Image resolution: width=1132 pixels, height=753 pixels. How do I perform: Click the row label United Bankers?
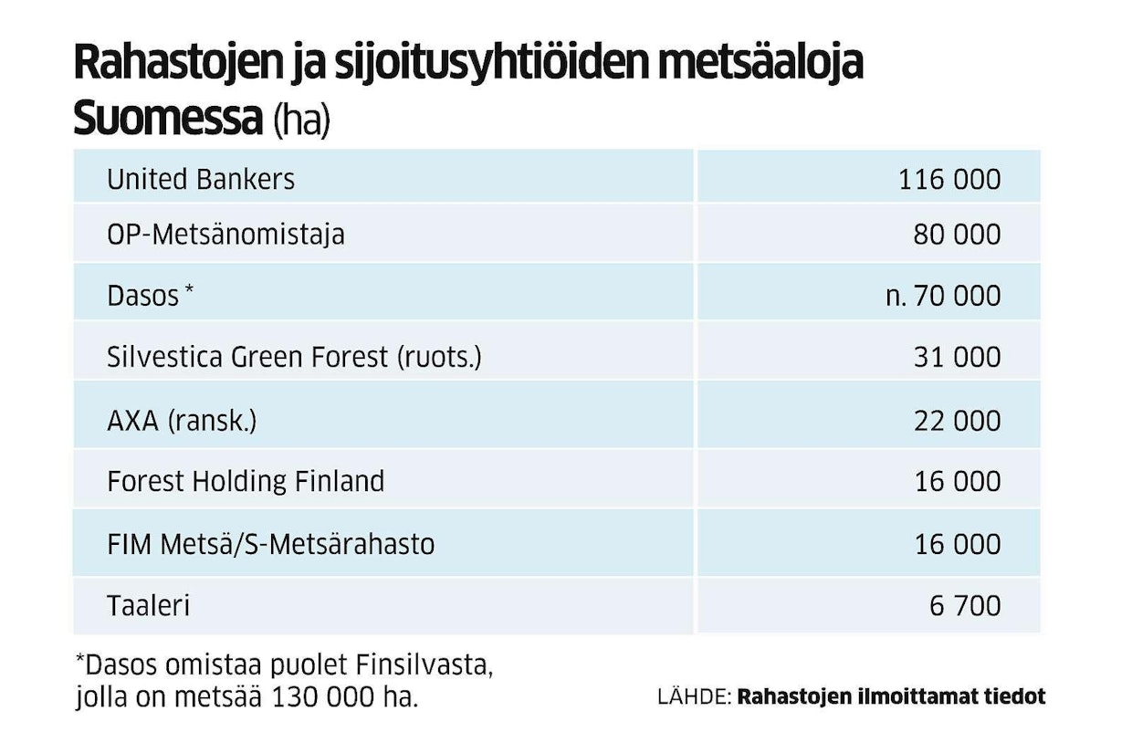pyautogui.click(x=201, y=179)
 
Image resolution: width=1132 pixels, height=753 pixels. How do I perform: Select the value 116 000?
pyautogui.click(x=949, y=179)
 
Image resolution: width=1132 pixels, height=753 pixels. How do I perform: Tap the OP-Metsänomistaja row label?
pyautogui.click(x=225, y=235)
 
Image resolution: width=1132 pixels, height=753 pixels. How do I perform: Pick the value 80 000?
pyautogui.click(x=957, y=235)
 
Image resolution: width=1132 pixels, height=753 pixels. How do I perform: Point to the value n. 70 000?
pyautogui.click(x=943, y=296)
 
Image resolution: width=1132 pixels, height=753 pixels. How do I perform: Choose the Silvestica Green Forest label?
pyautogui.click(x=293, y=357)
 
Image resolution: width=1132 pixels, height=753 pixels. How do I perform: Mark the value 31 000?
pyautogui.click(x=957, y=357)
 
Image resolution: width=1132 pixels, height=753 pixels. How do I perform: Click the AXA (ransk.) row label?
pyautogui.click(x=183, y=420)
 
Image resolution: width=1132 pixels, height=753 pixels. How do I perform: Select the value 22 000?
pyautogui.click(x=957, y=420)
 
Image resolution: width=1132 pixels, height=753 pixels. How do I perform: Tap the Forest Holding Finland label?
pyautogui.click(x=246, y=481)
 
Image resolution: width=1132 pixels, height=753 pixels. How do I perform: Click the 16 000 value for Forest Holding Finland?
pyautogui.click(x=957, y=481)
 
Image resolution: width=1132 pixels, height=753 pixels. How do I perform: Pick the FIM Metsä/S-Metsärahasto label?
pyautogui.click(x=270, y=545)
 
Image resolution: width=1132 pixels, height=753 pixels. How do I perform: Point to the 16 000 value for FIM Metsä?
pyautogui.click(x=957, y=545)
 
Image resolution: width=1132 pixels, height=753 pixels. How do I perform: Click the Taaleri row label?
pyautogui.click(x=148, y=606)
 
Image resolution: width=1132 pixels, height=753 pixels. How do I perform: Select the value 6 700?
pyautogui.click(x=965, y=606)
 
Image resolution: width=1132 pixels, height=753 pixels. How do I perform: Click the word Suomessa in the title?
pyautogui.click(x=168, y=120)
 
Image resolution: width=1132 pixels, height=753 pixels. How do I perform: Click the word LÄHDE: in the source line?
pyautogui.click(x=694, y=696)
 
